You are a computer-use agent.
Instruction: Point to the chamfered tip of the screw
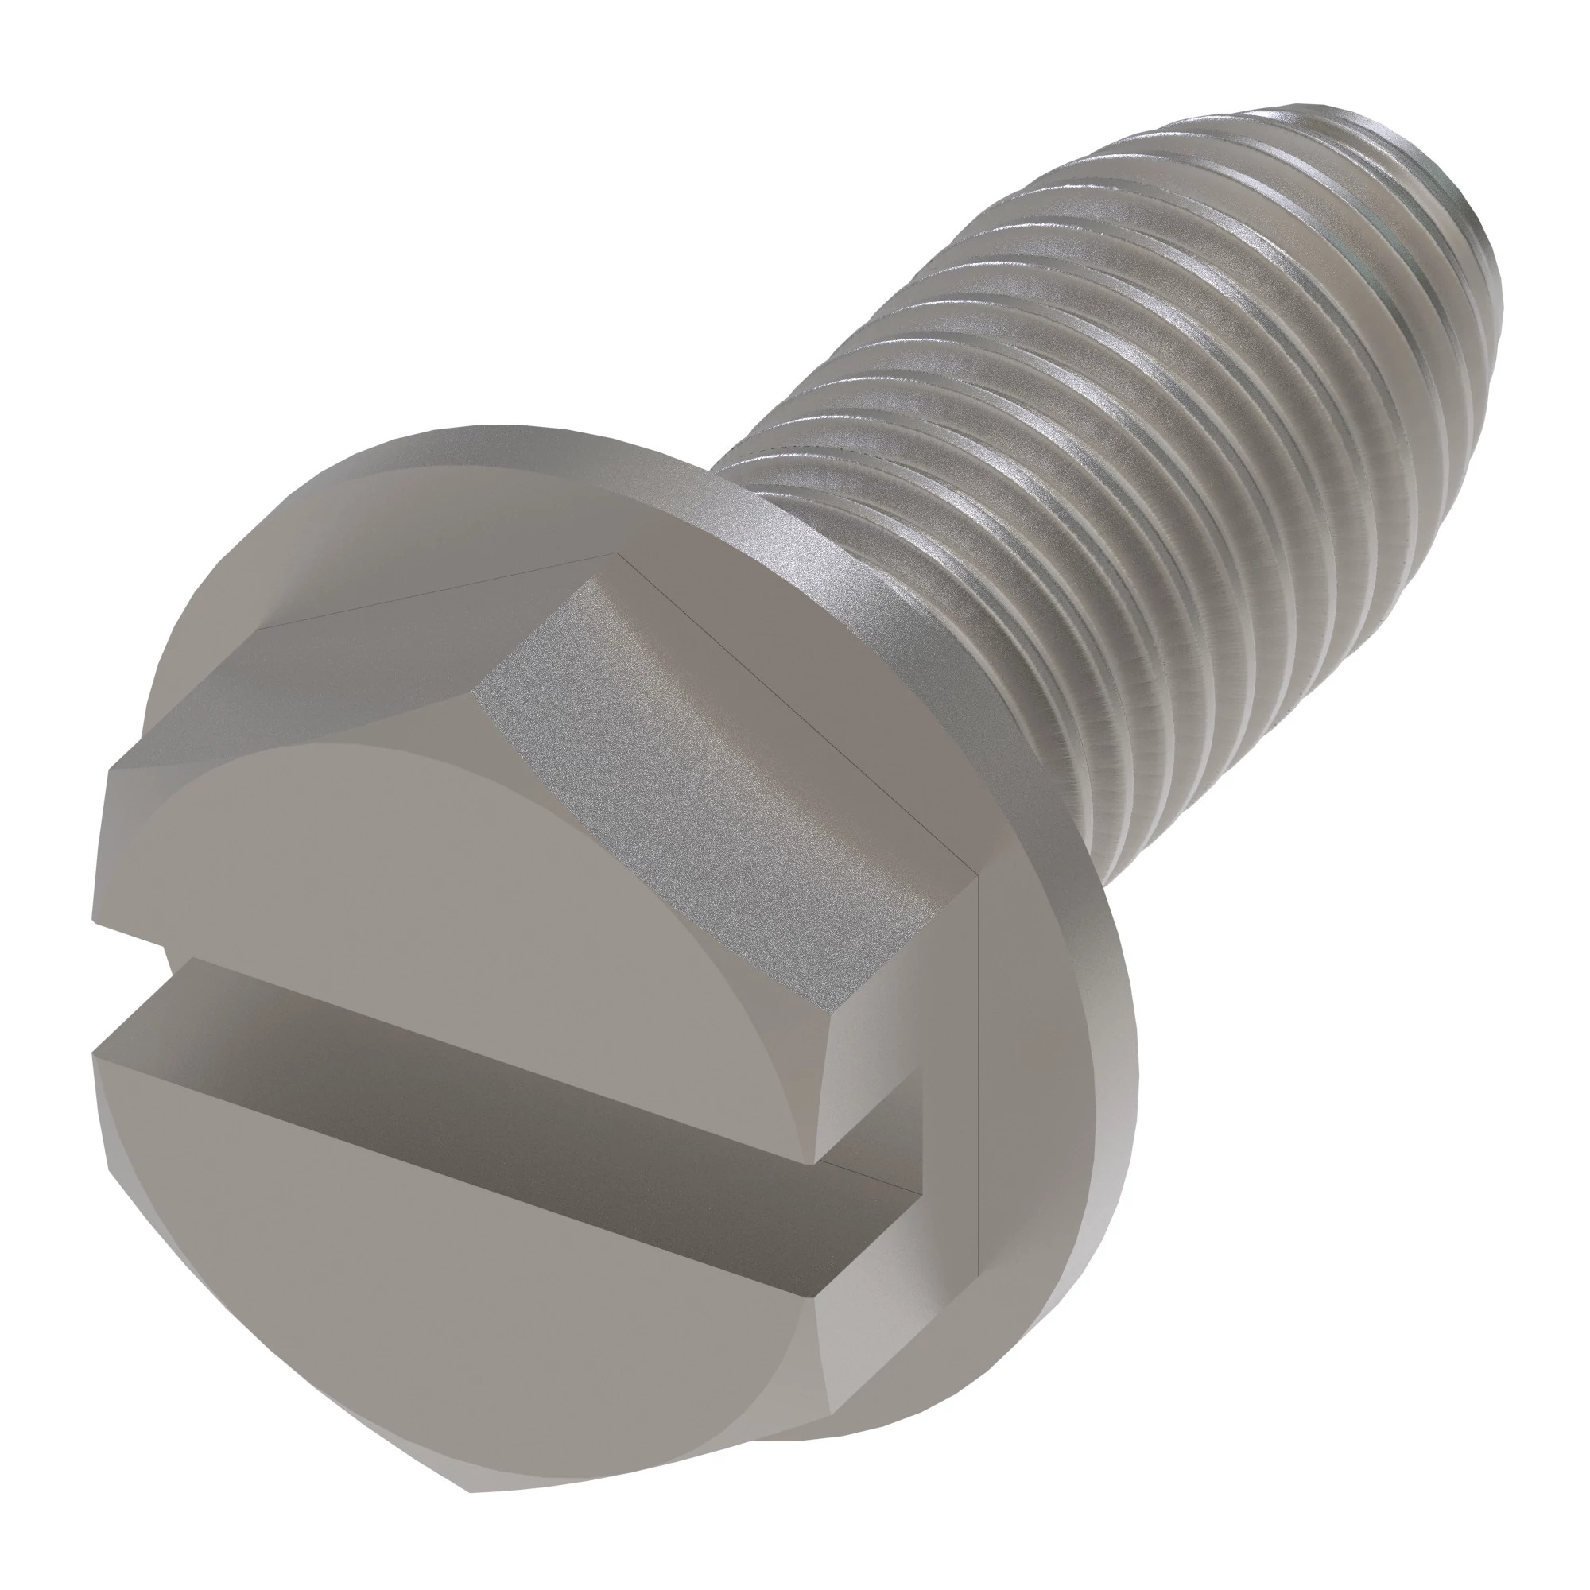click(1432, 189)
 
